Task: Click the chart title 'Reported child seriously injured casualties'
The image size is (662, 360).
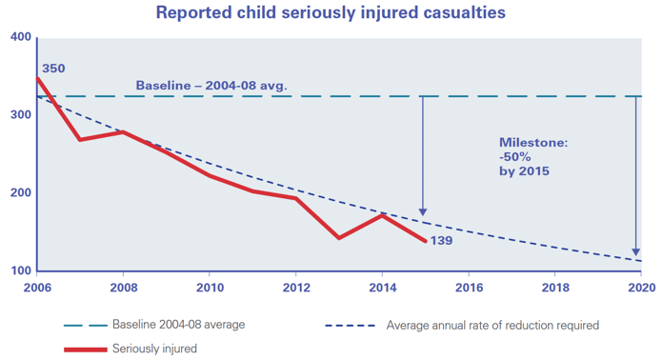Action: (331, 13)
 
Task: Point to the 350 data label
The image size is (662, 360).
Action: (54, 69)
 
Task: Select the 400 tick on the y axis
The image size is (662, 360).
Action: (20, 37)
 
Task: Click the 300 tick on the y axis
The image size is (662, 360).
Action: (20, 115)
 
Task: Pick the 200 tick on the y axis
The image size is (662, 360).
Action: (20, 193)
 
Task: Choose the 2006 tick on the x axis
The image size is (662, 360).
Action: (36, 285)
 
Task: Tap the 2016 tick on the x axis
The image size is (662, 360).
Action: (469, 285)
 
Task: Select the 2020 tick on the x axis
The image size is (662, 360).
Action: (641, 285)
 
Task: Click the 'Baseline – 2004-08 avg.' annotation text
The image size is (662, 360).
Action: (211, 86)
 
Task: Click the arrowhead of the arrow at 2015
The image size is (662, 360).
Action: (423, 212)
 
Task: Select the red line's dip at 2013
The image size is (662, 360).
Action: (339, 238)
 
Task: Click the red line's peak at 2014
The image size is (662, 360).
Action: (382, 215)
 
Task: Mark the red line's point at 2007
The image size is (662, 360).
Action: (80, 140)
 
